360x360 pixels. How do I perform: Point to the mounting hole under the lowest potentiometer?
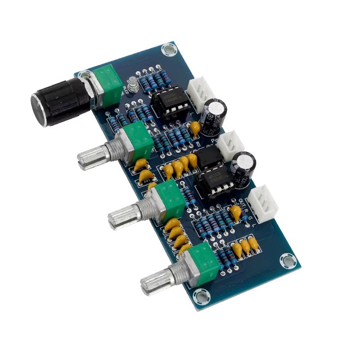point(199,296)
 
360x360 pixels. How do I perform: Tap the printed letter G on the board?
point(250,216)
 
